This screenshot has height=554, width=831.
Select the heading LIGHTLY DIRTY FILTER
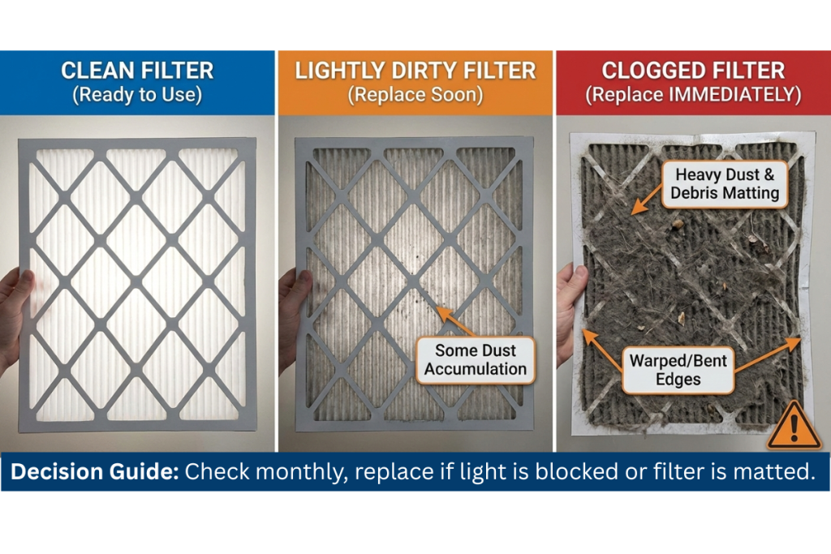[x=415, y=71]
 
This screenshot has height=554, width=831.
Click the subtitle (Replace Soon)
[x=415, y=95]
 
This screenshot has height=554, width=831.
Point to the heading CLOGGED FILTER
[x=693, y=71]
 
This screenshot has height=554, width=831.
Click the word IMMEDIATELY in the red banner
[x=738, y=95]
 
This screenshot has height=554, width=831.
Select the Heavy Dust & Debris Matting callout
[x=725, y=184]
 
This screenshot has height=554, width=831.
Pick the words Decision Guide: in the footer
[x=94, y=472]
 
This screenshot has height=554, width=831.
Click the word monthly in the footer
[x=285, y=472]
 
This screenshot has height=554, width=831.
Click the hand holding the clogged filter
[x=570, y=308]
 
